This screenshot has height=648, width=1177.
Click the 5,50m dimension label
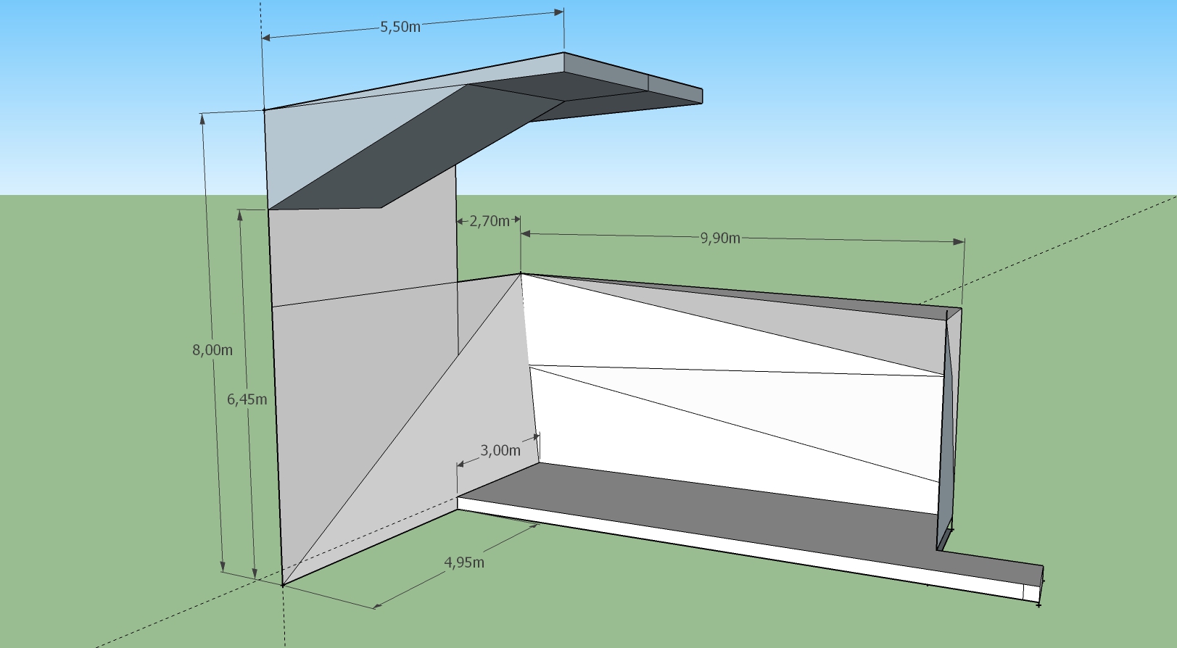[x=400, y=27]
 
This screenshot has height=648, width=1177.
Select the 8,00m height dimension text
[x=212, y=350]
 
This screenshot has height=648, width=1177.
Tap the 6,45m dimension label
[x=247, y=399]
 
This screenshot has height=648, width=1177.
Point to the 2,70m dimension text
[x=490, y=221]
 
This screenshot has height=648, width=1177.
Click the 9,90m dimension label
[x=720, y=238]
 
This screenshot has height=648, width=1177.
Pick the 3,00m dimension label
[x=500, y=450]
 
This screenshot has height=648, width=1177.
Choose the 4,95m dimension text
[x=464, y=562]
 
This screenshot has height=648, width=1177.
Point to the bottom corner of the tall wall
[x=283, y=585]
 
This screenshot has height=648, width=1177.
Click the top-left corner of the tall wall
[x=263, y=110]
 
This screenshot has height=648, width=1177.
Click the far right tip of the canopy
[x=702, y=96]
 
